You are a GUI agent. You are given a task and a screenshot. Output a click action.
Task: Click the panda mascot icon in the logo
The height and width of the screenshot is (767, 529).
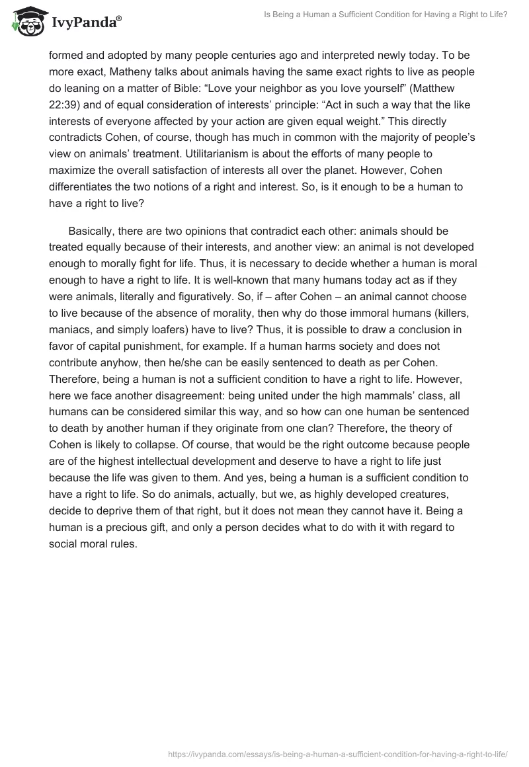pyautogui.click(x=24, y=22)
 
